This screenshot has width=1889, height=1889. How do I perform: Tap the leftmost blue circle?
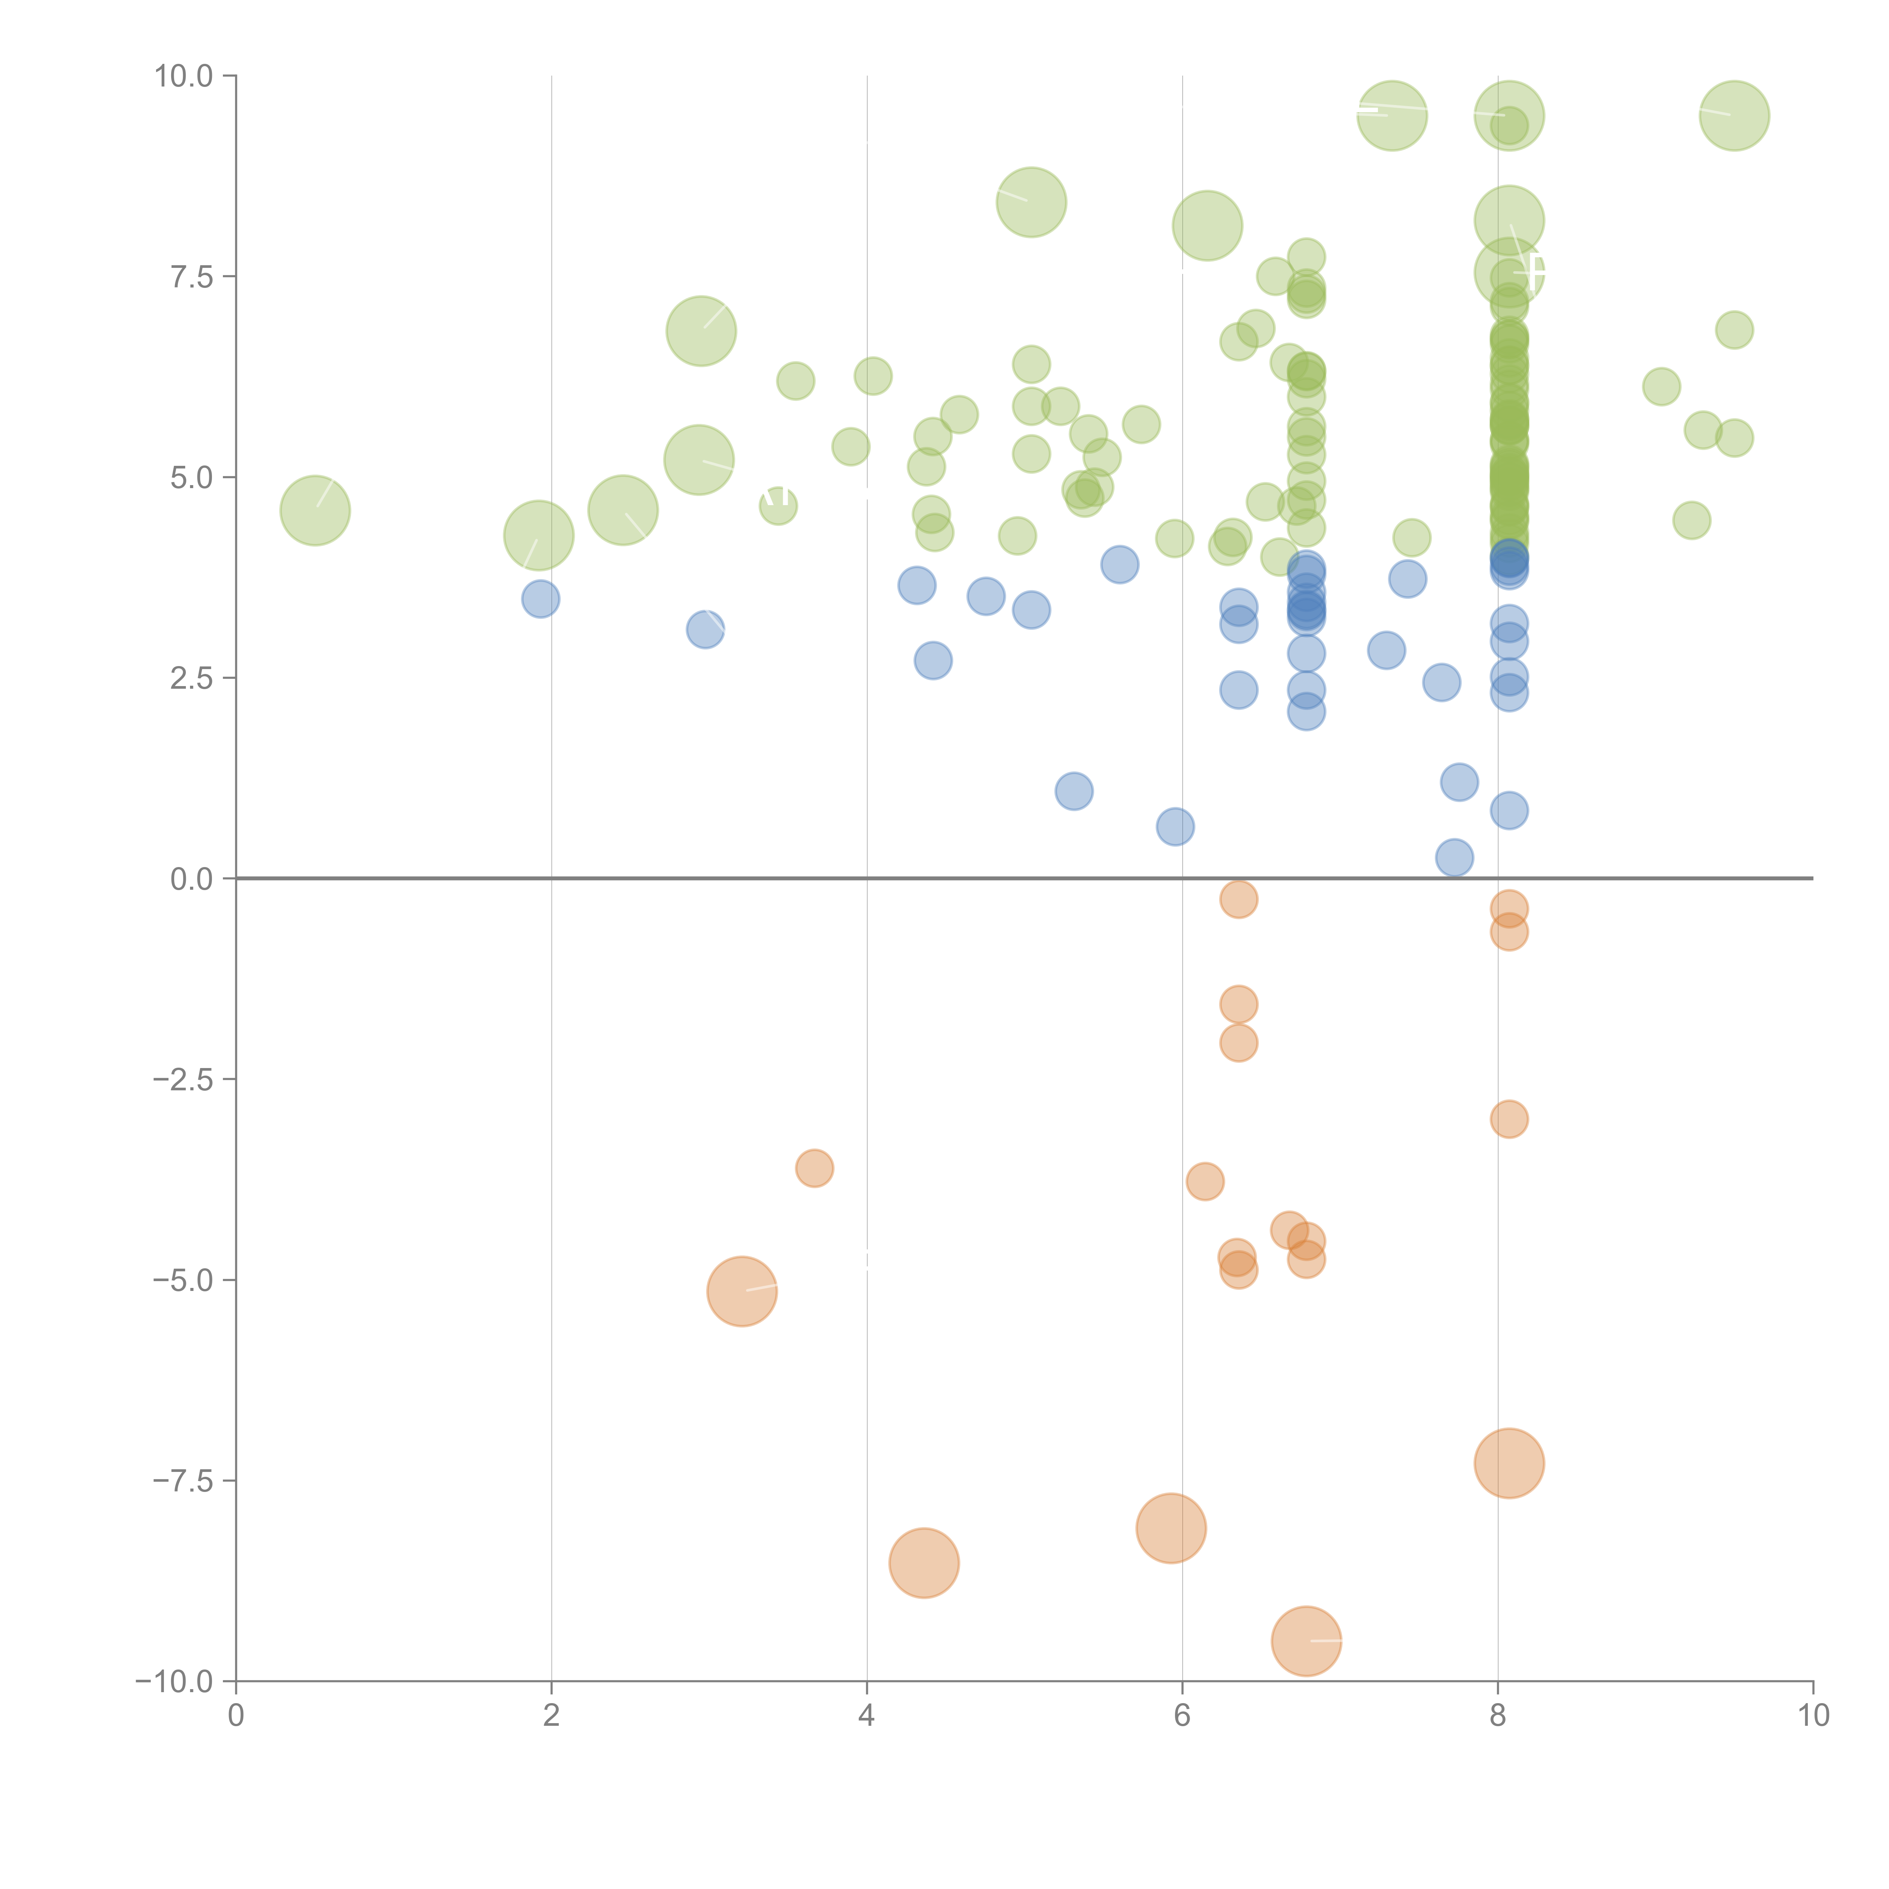(x=541, y=598)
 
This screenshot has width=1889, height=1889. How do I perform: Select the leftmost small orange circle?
(x=815, y=1167)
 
